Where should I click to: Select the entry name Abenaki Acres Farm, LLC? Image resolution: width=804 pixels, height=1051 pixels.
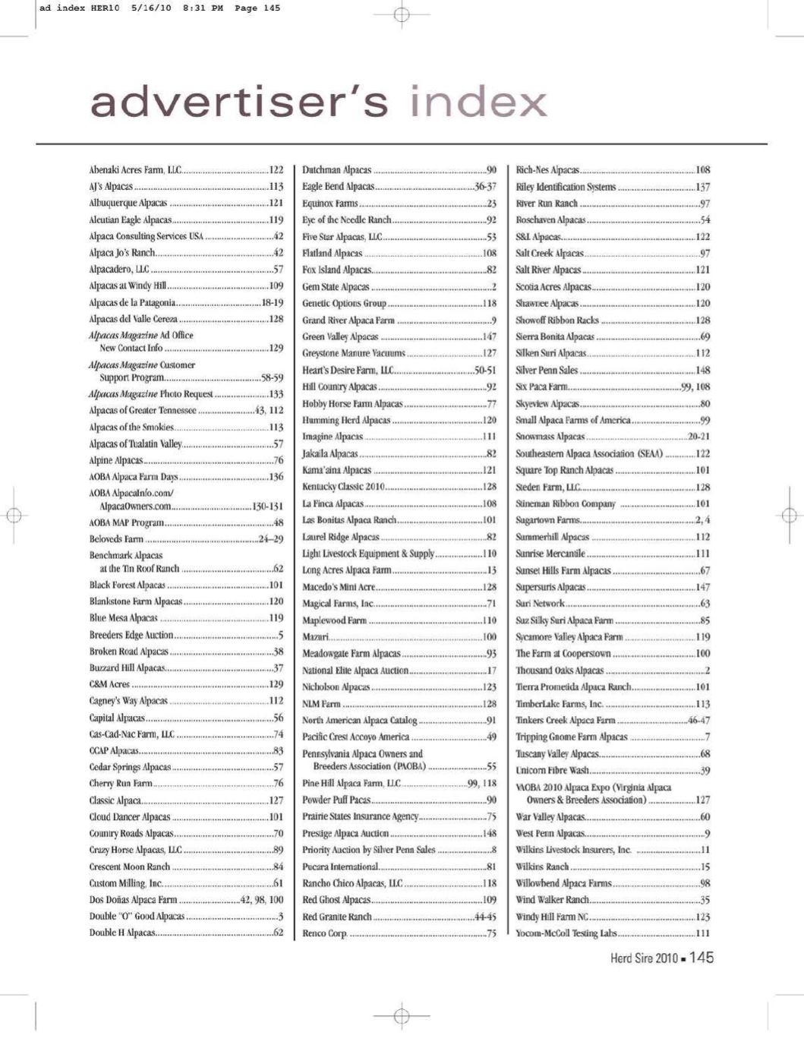click(x=134, y=170)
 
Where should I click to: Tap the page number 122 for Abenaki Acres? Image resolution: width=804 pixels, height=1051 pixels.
click(x=276, y=170)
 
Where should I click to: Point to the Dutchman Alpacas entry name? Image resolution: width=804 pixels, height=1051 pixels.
click(x=337, y=170)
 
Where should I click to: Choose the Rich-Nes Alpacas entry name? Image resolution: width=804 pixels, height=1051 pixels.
click(x=547, y=170)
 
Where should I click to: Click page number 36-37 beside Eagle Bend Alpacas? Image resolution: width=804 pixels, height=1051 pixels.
click(x=484, y=187)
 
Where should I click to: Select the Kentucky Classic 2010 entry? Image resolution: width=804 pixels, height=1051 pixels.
click(x=343, y=487)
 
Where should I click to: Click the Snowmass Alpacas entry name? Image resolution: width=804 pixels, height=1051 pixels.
click(x=550, y=437)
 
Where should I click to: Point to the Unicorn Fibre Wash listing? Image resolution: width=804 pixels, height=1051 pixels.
click(x=553, y=771)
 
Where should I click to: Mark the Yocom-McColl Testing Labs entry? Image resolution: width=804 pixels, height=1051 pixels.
click(x=566, y=933)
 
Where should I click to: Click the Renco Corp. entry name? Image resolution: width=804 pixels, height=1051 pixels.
click(x=324, y=933)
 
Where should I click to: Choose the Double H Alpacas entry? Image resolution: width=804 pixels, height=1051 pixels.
click(x=122, y=933)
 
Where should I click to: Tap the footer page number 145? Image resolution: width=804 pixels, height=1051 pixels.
click(x=702, y=958)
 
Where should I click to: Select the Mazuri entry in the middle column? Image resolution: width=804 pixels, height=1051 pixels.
click(x=315, y=637)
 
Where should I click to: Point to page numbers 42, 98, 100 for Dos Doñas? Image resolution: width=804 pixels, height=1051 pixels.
click(x=261, y=900)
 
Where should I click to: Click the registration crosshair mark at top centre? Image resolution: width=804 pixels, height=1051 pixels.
click(x=402, y=14)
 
